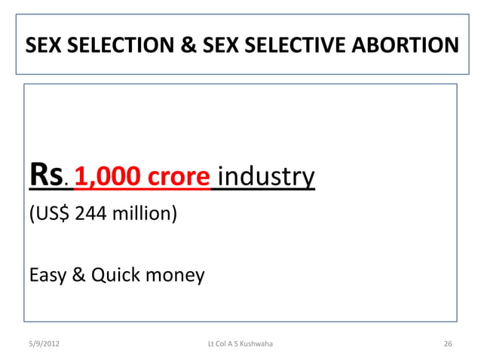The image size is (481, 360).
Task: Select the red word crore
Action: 177,178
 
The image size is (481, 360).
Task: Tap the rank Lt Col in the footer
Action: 216,344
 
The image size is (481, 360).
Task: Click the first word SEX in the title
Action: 43,47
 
